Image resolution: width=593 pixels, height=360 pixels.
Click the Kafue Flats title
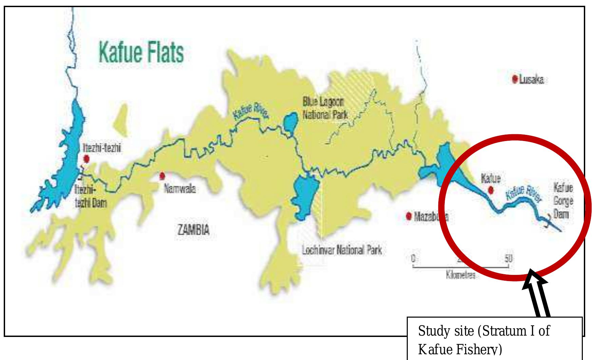141,53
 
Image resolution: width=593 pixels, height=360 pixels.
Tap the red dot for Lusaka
515,79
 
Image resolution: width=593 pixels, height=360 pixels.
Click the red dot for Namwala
162,176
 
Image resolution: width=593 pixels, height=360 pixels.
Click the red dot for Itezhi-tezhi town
87,158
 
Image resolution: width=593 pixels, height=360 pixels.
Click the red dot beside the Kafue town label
490,191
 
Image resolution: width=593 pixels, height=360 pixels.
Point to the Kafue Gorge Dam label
563,201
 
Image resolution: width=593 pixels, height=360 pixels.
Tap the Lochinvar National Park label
342,251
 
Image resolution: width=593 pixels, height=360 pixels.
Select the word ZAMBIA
193,231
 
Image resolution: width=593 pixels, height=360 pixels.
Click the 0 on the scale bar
413,258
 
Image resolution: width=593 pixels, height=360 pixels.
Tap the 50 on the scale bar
508,258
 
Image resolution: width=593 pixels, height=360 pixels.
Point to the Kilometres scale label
461,275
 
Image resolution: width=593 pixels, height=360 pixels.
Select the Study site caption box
495,339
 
